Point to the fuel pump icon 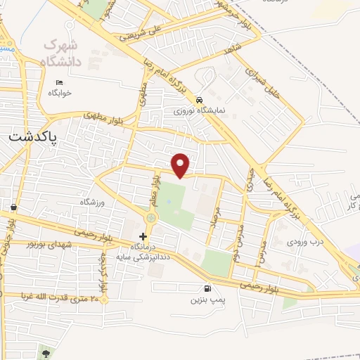[x=207, y=288]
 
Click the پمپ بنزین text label [x=207, y=300]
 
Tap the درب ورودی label [x=307, y=240]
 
